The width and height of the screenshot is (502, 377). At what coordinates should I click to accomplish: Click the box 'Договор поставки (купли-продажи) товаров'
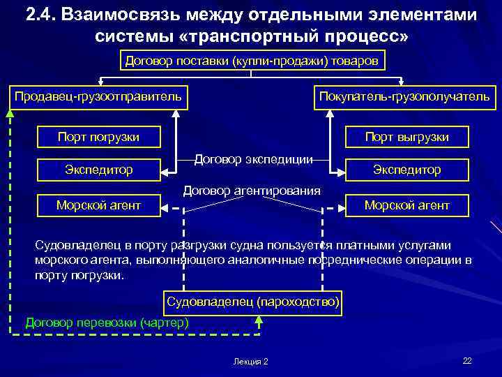(x=251, y=61)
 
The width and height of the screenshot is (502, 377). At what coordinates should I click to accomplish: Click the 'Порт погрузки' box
(x=98, y=137)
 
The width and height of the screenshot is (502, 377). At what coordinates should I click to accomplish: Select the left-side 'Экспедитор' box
(x=98, y=170)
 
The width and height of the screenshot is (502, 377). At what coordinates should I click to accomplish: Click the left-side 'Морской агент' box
(x=98, y=205)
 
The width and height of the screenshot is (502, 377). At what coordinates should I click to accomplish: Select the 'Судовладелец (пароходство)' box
(x=253, y=302)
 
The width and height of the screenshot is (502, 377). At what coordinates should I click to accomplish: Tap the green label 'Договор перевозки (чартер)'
(x=107, y=323)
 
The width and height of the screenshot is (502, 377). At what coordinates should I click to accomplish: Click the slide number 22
(x=467, y=360)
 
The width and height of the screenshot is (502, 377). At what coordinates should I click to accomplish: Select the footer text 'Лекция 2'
(x=251, y=361)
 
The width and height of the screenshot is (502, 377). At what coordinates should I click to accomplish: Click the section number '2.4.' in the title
(x=43, y=15)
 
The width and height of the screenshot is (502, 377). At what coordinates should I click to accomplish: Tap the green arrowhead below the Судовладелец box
(x=259, y=320)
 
